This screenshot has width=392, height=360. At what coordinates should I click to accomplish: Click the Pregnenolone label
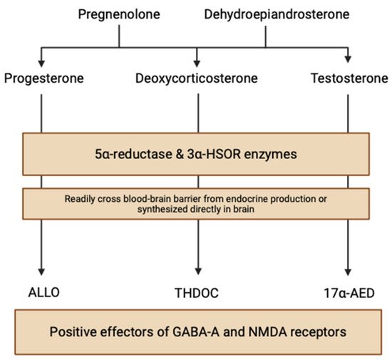pos(119,14)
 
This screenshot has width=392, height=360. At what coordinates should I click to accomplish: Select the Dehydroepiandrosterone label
pos(277,14)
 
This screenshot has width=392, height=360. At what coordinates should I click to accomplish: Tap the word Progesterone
pos(44,78)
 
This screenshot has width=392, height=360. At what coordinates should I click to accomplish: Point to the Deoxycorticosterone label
pos(197,78)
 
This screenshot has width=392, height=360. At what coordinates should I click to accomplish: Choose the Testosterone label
pos(349,78)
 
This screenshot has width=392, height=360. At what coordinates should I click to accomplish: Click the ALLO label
pos(43,292)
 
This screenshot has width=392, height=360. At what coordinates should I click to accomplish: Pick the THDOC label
pos(197,293)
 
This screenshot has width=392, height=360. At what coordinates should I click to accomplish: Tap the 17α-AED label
pos(349,293)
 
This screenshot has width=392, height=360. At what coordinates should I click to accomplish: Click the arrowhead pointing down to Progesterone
pos(41,63)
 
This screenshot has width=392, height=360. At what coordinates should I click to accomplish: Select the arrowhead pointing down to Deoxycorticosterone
pos(197,63)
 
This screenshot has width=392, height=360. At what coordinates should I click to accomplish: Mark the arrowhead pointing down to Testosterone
pos(348,59)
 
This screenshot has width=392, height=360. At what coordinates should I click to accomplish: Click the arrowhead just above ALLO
pos(41,272)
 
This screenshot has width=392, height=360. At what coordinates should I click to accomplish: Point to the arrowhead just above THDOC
pos(198,272)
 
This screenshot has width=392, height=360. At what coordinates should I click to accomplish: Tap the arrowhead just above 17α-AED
pos(348,272)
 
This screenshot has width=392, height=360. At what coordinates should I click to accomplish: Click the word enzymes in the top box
pos(271,155)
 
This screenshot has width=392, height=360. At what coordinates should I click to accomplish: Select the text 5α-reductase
pos(133,154)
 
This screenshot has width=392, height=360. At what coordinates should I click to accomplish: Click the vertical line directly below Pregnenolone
pos(119,36)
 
